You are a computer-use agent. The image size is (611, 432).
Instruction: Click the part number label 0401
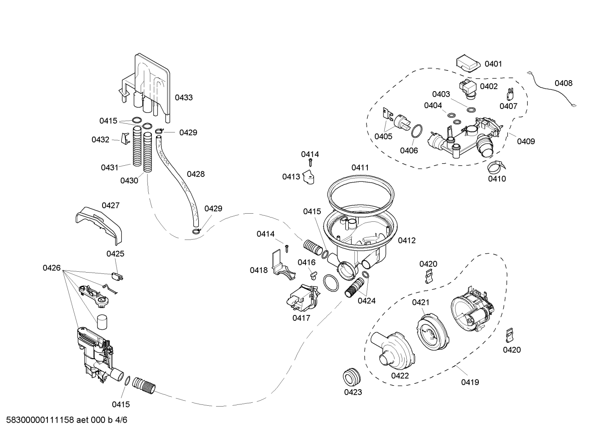[493, 64]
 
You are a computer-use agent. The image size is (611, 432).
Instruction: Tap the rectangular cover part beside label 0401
[468, 64]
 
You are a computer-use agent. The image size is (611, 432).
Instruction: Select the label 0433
[183, 98]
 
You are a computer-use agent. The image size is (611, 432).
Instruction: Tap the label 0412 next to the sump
[407, 240]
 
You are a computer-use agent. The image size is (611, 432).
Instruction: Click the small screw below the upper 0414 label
[310, 163]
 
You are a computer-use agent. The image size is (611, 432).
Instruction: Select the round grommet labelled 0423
[352, 376]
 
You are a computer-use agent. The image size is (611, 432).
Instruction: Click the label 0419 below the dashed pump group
[470, 382]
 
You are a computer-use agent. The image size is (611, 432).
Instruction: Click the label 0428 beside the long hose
[196, 174]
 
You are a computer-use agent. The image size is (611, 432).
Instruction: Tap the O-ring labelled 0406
[417, 131]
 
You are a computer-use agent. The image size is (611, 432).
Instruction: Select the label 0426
[52, 268]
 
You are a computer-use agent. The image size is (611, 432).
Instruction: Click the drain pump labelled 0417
[303, 298]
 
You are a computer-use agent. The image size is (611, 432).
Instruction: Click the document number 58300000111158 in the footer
[40, 420]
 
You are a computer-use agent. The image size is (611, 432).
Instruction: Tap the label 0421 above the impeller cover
[421, 302]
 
